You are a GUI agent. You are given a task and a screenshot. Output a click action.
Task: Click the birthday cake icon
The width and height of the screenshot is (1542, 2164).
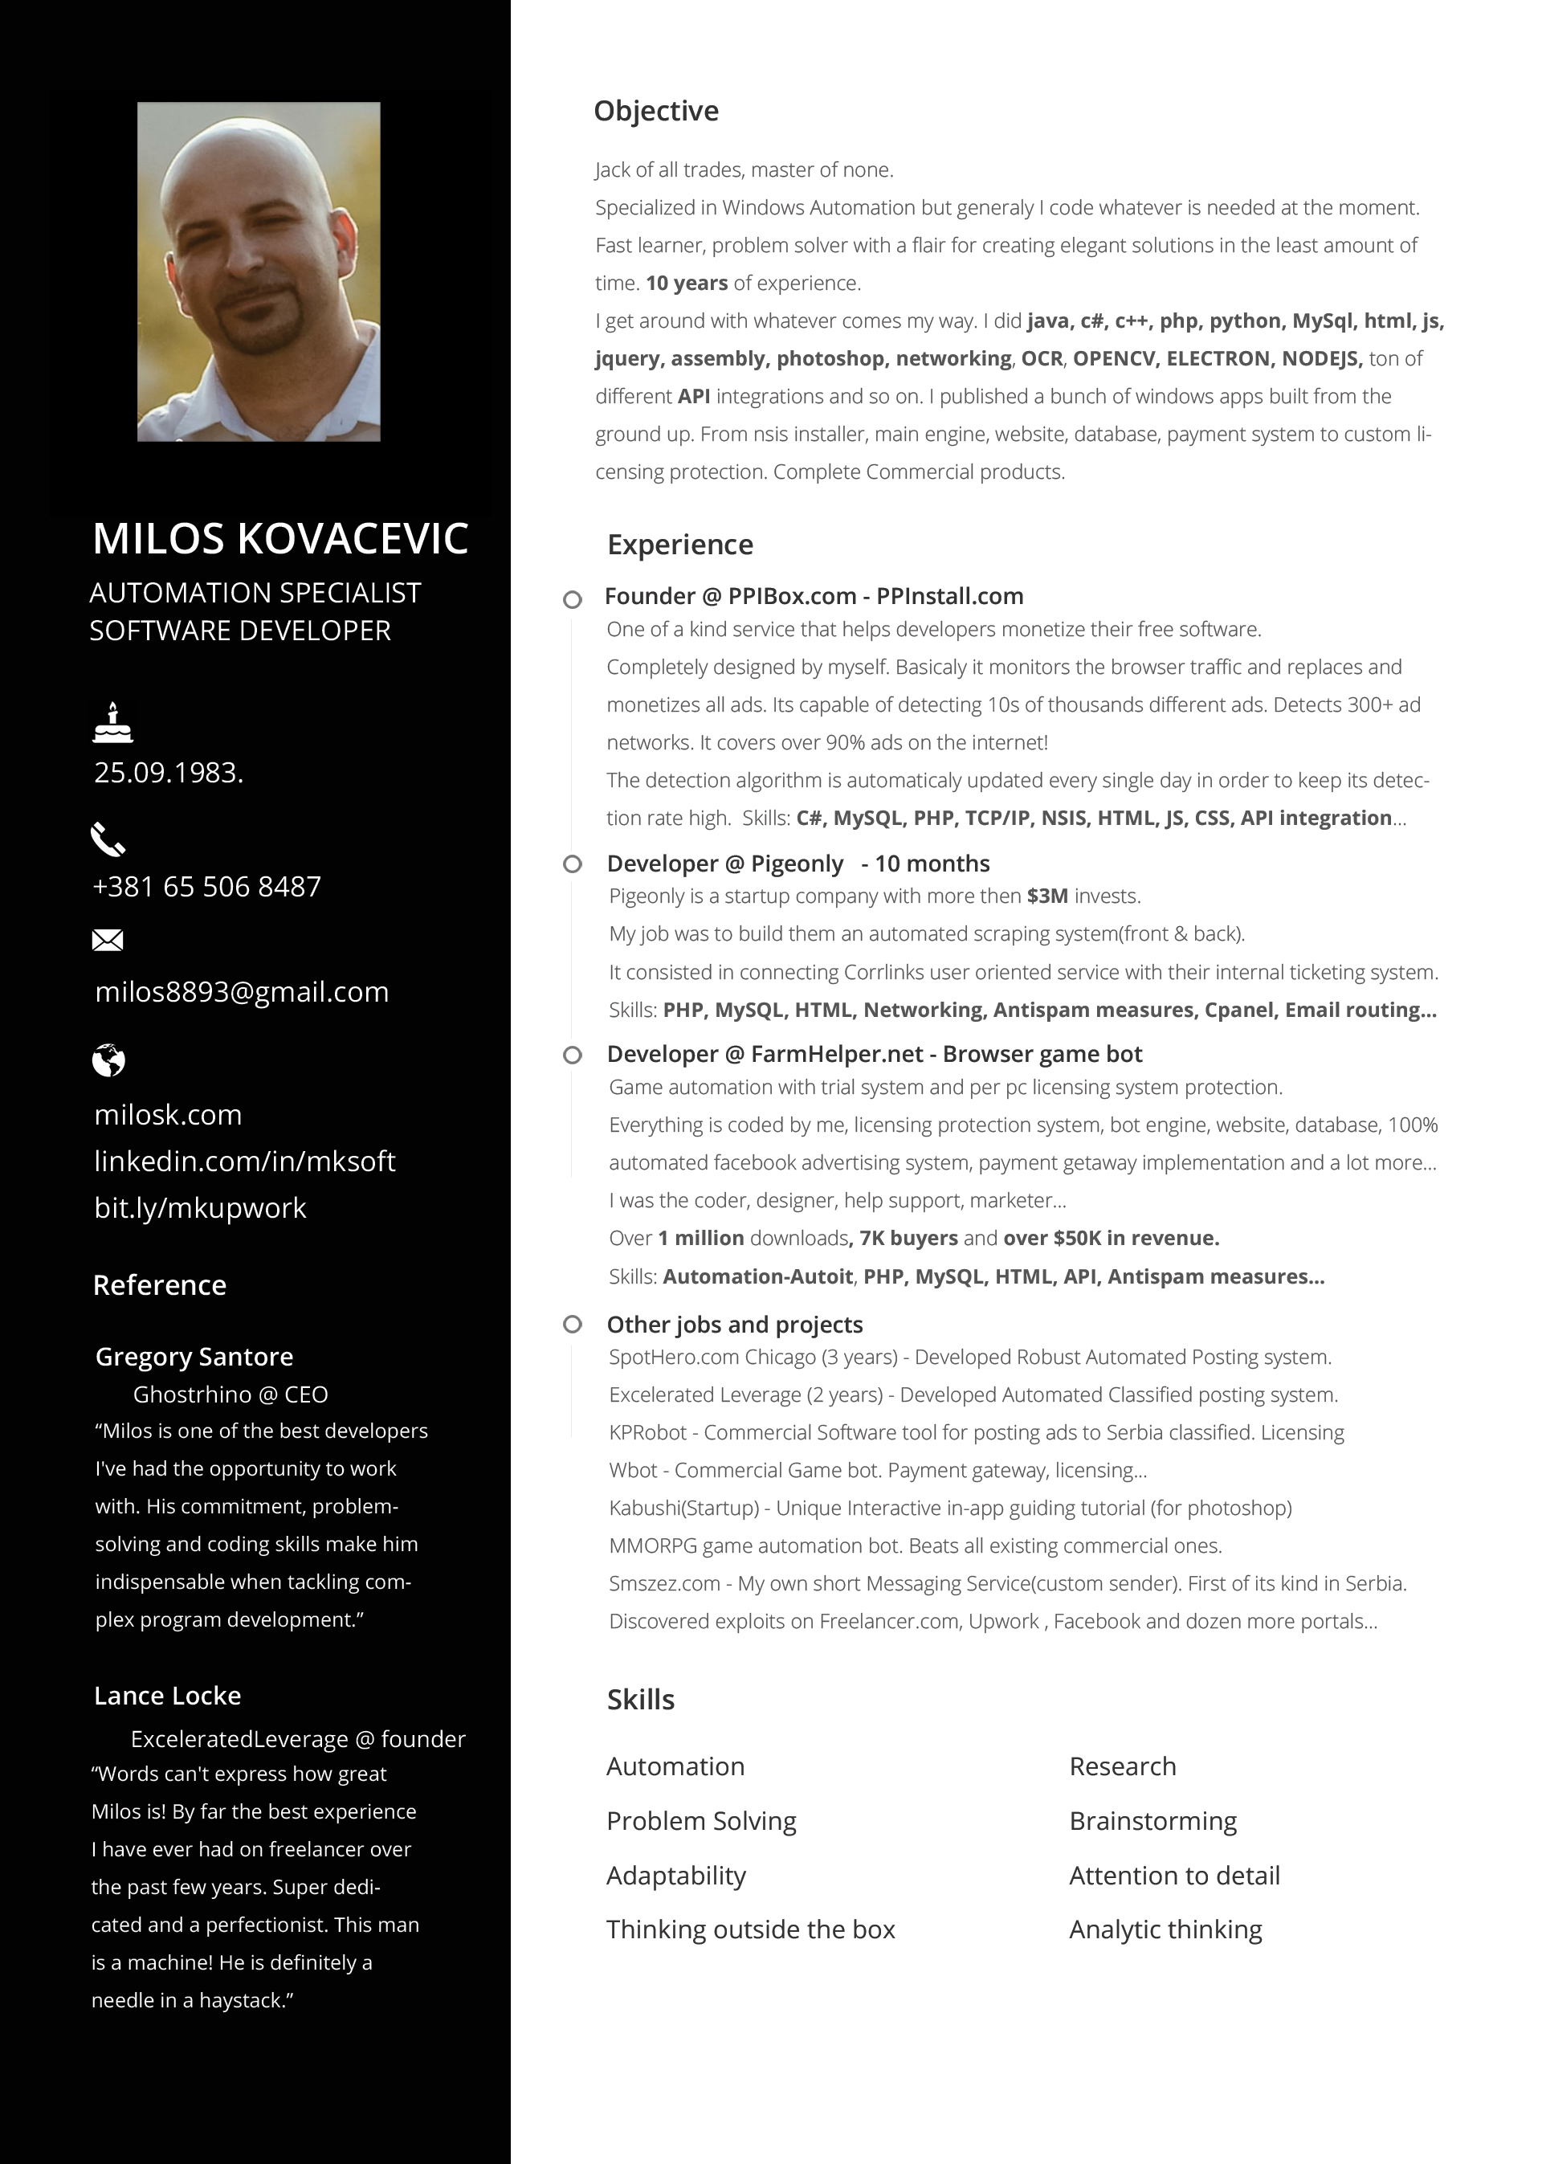point(113,723)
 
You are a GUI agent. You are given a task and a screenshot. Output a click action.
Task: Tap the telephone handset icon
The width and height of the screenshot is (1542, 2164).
point(108,839)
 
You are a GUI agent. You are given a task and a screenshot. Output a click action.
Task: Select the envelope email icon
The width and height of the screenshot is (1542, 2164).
point(108,940)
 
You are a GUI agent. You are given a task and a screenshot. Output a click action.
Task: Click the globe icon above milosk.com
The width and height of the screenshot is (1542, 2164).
point(108,1060)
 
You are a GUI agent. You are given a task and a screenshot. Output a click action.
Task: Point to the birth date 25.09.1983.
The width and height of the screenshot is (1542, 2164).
point(169,773)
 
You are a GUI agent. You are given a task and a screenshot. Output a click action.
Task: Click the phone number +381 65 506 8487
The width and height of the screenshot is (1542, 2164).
point(207,887)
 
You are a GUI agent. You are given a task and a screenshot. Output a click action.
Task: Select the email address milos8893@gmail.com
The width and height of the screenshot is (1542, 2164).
point(242,992)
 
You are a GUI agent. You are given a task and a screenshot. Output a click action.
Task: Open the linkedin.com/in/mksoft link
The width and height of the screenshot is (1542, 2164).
point(245,1162)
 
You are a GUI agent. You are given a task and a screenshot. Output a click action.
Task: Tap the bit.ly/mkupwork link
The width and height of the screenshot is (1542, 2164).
point(200,1208)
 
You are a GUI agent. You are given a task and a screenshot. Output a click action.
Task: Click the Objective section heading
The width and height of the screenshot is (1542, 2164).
point(656,112)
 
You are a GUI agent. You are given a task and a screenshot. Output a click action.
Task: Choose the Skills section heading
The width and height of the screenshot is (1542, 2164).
point(641,1700)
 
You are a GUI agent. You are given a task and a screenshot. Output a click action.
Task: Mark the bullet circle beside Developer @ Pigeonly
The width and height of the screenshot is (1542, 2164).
point(573,864)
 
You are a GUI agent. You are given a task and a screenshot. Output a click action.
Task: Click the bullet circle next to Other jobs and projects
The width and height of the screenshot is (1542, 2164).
point(573,1325)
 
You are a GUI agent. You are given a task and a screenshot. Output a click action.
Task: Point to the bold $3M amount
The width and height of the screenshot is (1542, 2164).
point(1047,896)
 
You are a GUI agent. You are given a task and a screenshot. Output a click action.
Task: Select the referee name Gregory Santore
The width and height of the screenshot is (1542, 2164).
point(194,1357)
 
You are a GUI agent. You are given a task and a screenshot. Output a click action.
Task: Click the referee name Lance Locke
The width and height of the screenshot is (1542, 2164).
point(168,1696)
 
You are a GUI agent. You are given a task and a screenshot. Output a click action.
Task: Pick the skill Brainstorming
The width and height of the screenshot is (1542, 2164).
point(1152,1821)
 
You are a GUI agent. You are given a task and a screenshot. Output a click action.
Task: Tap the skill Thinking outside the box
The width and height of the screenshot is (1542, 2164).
point(750,1929)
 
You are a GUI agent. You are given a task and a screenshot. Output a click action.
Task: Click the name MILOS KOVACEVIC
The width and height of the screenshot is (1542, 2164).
point(281,538)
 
